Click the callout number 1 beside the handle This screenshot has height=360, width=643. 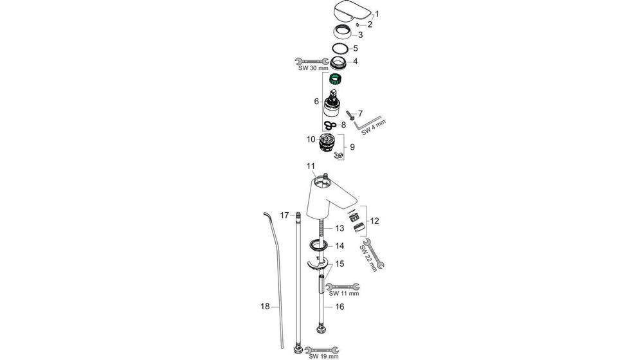click(377, 14)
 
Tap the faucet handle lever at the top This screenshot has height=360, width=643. click(351, 12)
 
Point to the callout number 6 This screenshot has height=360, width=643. click(316, 102)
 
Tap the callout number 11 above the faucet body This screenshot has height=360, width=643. click(310, 166)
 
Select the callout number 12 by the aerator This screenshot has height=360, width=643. click(374, 221)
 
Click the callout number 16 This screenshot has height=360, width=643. click(340, 307)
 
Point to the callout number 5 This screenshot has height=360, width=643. click(355, 48)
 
